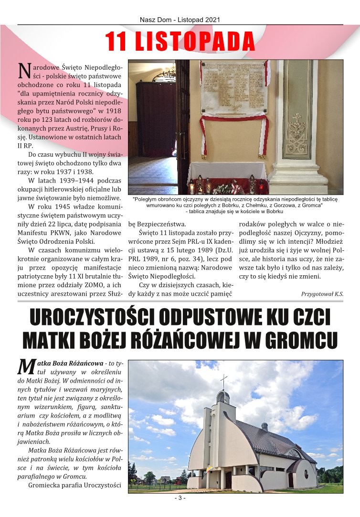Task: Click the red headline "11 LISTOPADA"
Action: click(180, 42)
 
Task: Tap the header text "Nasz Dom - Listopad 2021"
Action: click(180, 20)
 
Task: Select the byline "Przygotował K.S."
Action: click(322, 294)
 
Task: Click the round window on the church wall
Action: click(306, 473)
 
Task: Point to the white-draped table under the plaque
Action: click(227, 172)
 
